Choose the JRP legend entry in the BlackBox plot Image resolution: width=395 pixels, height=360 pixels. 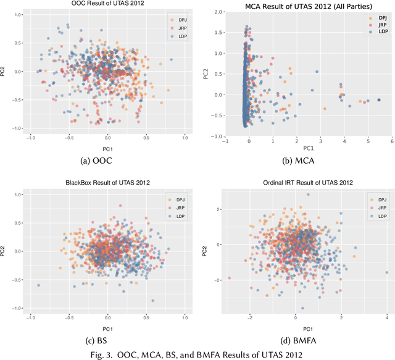click(x=177, y=208)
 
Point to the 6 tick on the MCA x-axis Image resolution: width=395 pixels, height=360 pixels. click(x=392, y=141)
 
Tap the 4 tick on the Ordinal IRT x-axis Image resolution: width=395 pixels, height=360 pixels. click(x=386, y=317)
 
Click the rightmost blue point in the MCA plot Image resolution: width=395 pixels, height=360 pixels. click(x=378, y=100)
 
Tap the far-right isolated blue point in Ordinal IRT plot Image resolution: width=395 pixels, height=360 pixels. click(x=387, y=272)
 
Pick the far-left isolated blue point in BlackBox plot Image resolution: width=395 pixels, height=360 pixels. click(x=38, y=285)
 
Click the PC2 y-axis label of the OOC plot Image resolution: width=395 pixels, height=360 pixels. click(x=4, y=72)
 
